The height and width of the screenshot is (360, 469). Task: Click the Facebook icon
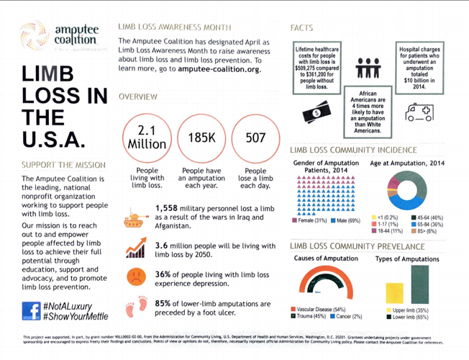click(x=31, y=310)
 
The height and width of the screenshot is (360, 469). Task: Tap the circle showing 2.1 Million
click(x=147, y=135)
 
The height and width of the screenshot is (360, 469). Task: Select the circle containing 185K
click(x=202, y=135)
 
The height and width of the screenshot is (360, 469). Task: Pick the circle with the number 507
click(x=255, y=135)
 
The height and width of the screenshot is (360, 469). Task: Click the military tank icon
click(x=136, y=218)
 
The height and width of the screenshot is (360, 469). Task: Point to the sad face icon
click(x=135, y=276)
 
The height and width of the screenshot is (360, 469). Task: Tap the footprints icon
click(x=135, y=307)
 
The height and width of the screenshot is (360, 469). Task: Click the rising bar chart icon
click(x=135, y=248)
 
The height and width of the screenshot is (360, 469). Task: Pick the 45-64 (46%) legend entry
click(x=429, y=217)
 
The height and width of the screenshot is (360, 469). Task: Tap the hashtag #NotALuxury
click(x=73, y=305)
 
